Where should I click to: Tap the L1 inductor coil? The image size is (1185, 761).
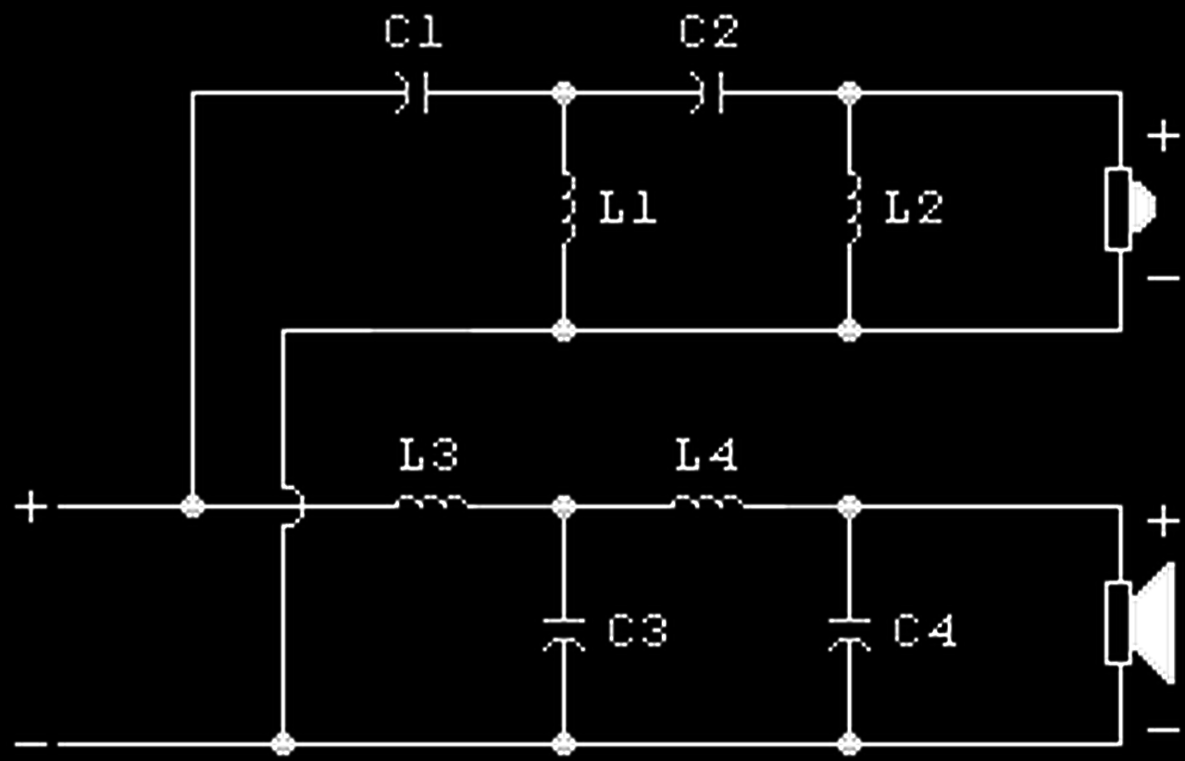(568, 207)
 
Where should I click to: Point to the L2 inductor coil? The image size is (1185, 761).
(853, 207)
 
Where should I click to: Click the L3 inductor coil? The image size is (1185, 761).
(432, 502)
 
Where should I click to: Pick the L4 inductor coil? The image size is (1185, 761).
(708, 502)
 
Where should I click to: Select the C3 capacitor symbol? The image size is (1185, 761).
(564, 634)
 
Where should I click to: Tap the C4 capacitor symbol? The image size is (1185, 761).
(849, 634)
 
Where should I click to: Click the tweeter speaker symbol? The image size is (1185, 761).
(1130, 209)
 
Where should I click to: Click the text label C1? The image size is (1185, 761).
(413, 32)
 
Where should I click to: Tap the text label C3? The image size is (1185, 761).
(638, 630)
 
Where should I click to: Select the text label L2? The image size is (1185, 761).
(914, 207)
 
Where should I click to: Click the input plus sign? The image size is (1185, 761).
(31, 507)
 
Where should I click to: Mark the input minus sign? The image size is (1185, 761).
(31, 744)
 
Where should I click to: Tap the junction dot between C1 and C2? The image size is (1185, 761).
(564, 94)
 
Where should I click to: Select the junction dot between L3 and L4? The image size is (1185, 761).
(564, 507)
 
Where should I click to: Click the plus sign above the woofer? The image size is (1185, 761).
(1164, 522)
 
